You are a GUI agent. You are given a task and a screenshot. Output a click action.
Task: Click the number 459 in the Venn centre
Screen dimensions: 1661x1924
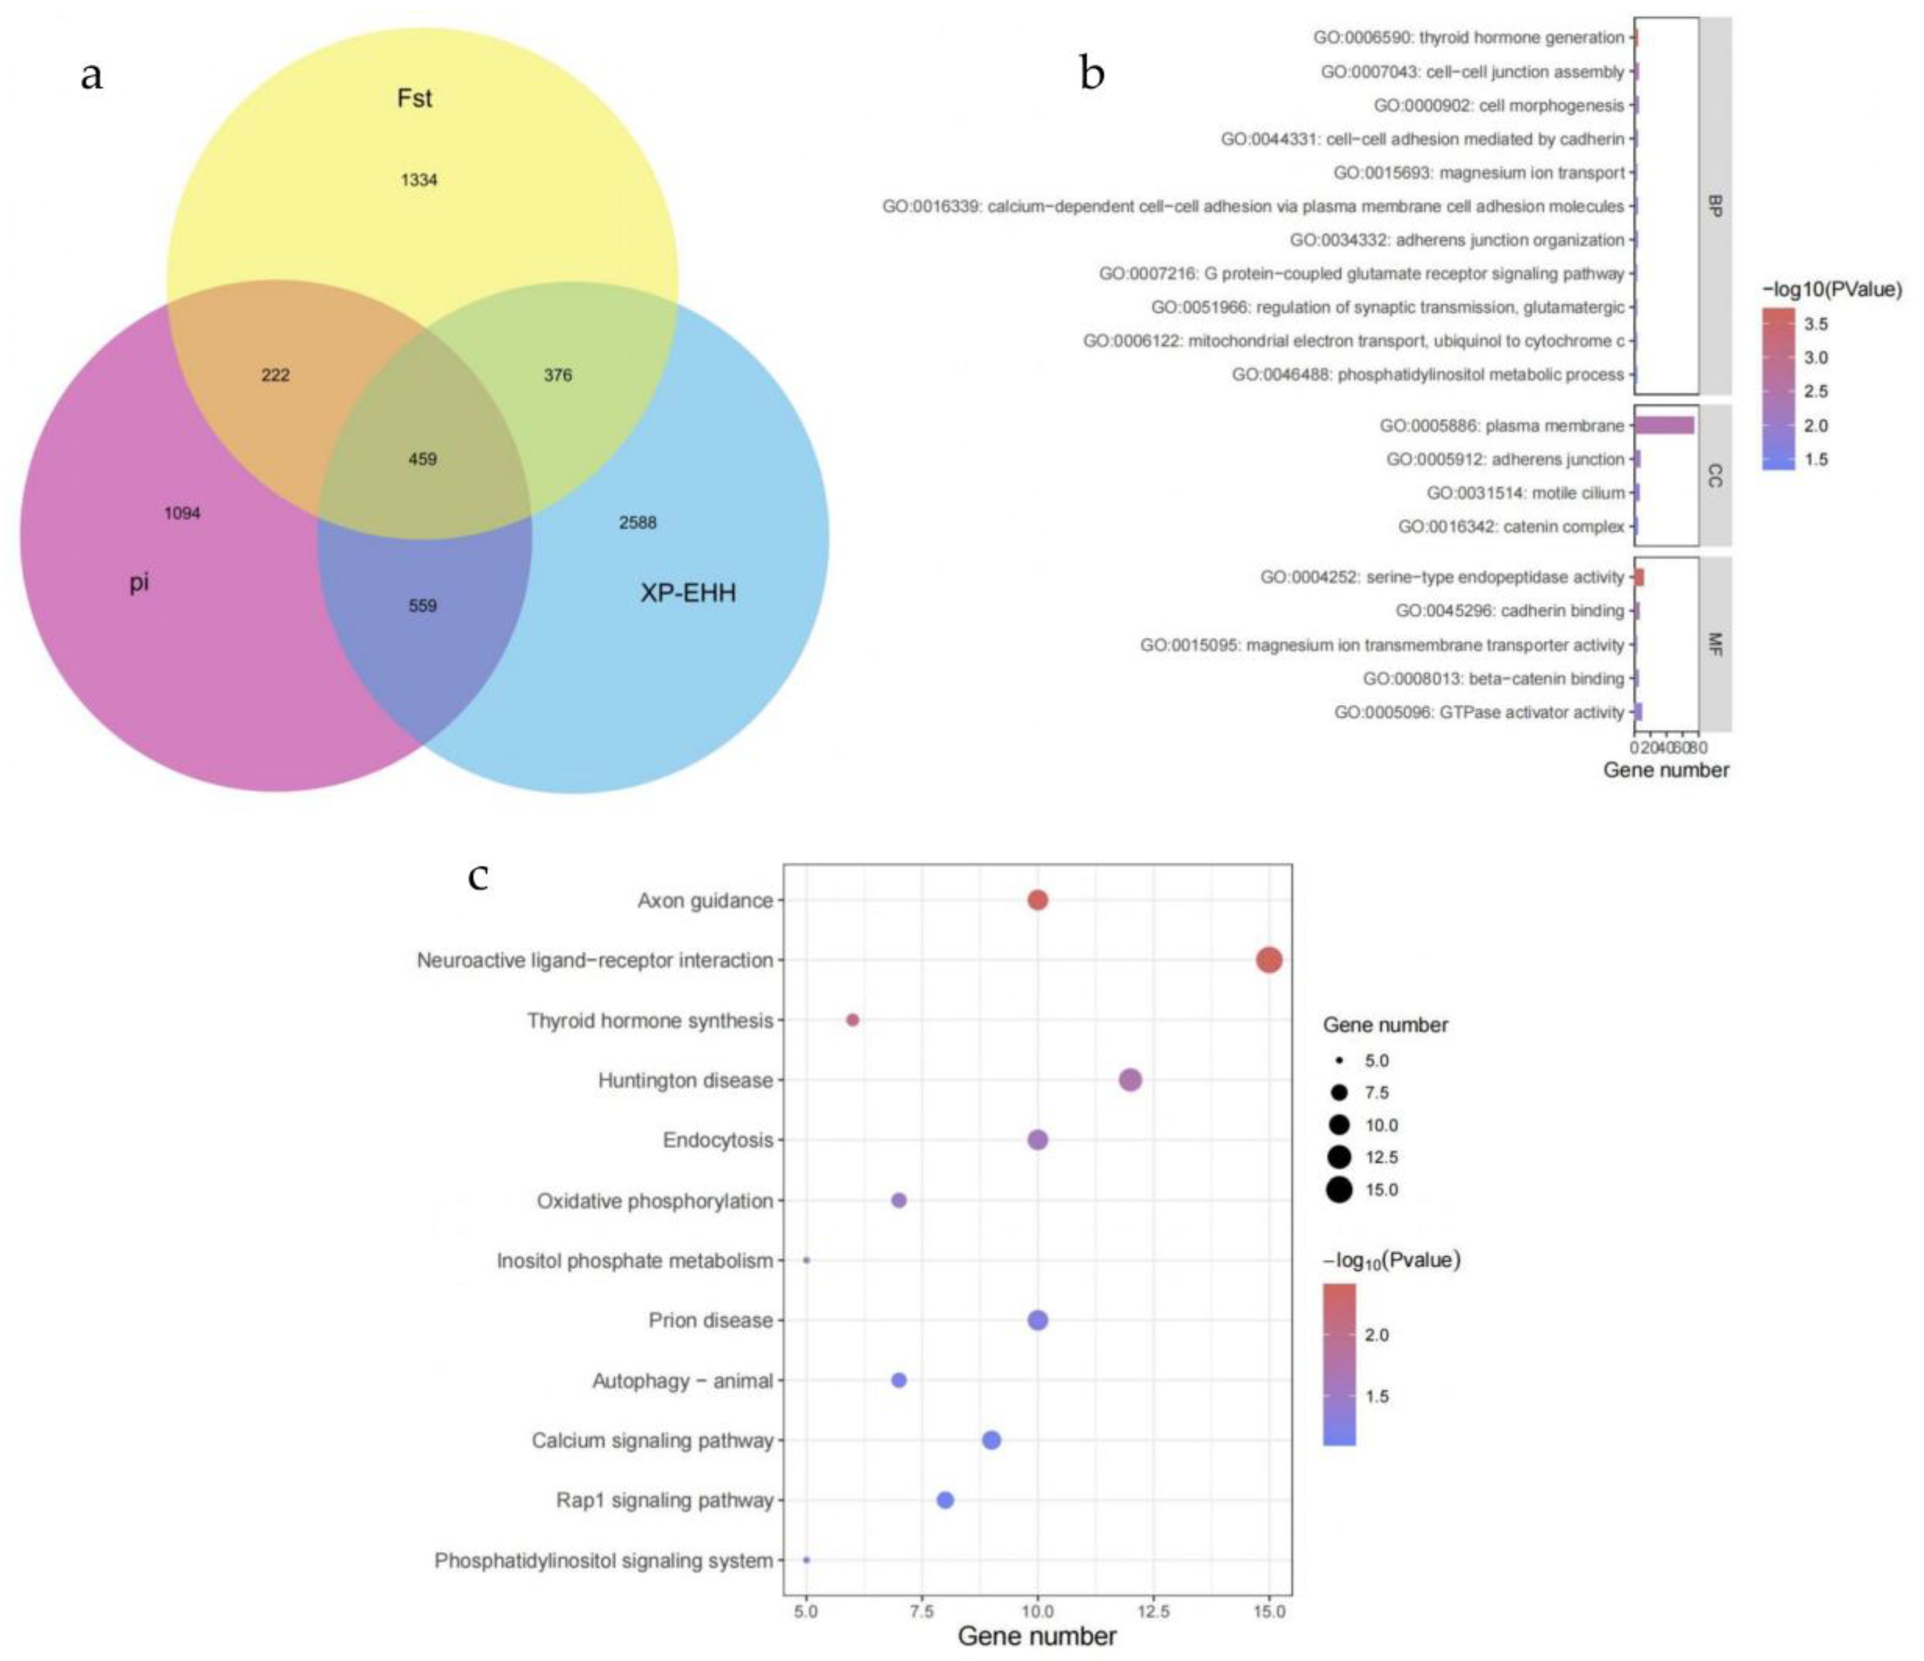pyautogui.click(x=422, y=459)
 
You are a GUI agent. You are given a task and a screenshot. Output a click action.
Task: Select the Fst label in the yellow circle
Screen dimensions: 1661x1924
pyautogui.click(x=414, y=98)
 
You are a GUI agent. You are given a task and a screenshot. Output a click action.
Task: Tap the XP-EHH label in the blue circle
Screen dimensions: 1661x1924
pyautogui.click(x=688, y=593)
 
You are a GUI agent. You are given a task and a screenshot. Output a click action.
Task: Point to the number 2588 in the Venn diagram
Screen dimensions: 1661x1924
pyautogui.click(x=638, y=523)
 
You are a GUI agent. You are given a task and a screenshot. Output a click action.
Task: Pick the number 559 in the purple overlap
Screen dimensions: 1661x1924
pyautogui.click(x=422, y=606)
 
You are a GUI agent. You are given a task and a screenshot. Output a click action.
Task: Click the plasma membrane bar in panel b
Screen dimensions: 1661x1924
pyautogui.click(x=1664, y=425)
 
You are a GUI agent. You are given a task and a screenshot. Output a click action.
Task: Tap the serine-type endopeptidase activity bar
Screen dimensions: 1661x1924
pyautogui.click(x=1639, y=577)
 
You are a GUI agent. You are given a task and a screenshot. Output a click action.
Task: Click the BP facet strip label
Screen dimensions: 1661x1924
pyautogui.click(x=1715, y=206)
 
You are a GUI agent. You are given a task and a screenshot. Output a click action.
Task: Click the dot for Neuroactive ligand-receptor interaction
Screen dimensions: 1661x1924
pyautogui.click(x=1269, y=960)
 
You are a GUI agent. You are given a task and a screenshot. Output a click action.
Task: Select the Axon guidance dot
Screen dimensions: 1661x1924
pyautogui.click(x=1038, y=899)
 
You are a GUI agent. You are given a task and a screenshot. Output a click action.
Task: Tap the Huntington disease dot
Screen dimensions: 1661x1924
pyautogui.click(x=1130, y=1080)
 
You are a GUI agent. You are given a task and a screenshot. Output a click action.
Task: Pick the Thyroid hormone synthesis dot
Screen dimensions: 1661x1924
pyautogui.click(x=853, y=1020)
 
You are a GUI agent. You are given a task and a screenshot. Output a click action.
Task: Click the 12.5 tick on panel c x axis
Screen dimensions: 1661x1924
pyautogui.click(x=1153, y=1611)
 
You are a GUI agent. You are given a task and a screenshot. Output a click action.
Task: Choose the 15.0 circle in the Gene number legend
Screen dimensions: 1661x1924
pyautogui.click(x=1339, y=1189)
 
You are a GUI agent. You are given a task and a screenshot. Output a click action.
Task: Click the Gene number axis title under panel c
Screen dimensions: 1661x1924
pyautogui.click(x=1037, y=1636)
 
